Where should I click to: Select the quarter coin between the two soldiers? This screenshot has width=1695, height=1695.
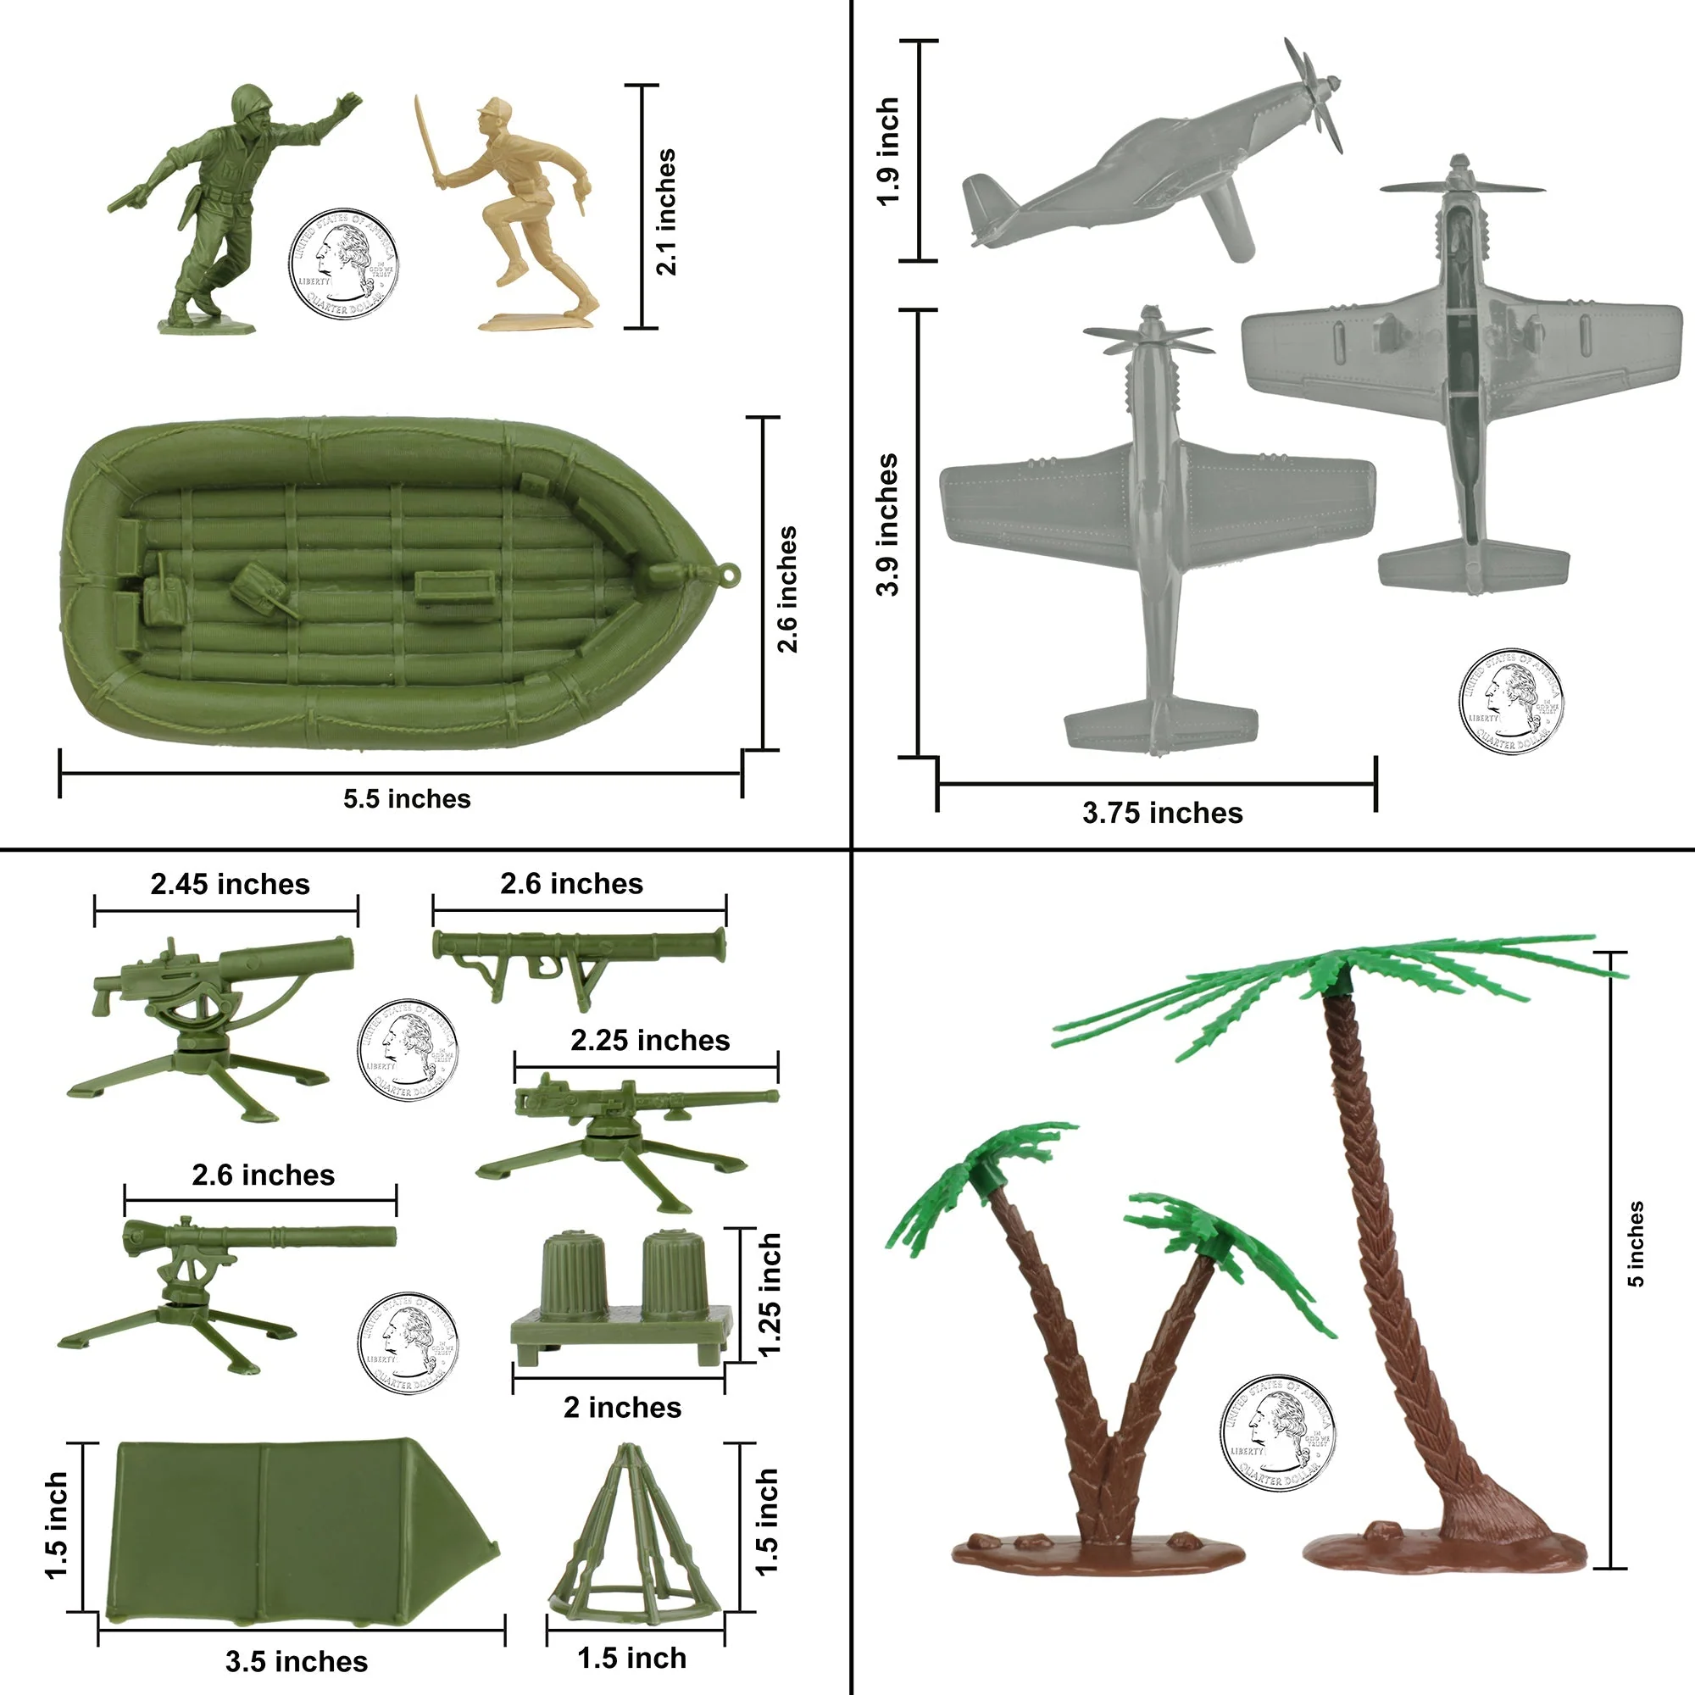[x=343, y=264]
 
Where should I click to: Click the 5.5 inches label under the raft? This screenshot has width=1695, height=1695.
[x=406, y=798]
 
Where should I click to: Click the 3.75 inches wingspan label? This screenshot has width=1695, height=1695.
[x=1162, y=813]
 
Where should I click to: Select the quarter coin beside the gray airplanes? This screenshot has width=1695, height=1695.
[x=1511, y=702]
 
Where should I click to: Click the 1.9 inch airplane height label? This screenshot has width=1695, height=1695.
[x=888, y=151]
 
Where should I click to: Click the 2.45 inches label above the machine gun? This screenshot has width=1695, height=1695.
[x=230, y=884]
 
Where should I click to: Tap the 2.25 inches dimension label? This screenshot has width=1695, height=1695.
[x=650, y=1041]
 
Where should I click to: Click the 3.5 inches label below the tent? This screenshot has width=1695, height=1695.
[x=297, y=1661]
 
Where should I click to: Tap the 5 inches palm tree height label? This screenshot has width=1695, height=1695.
[x=1637, y=1243]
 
